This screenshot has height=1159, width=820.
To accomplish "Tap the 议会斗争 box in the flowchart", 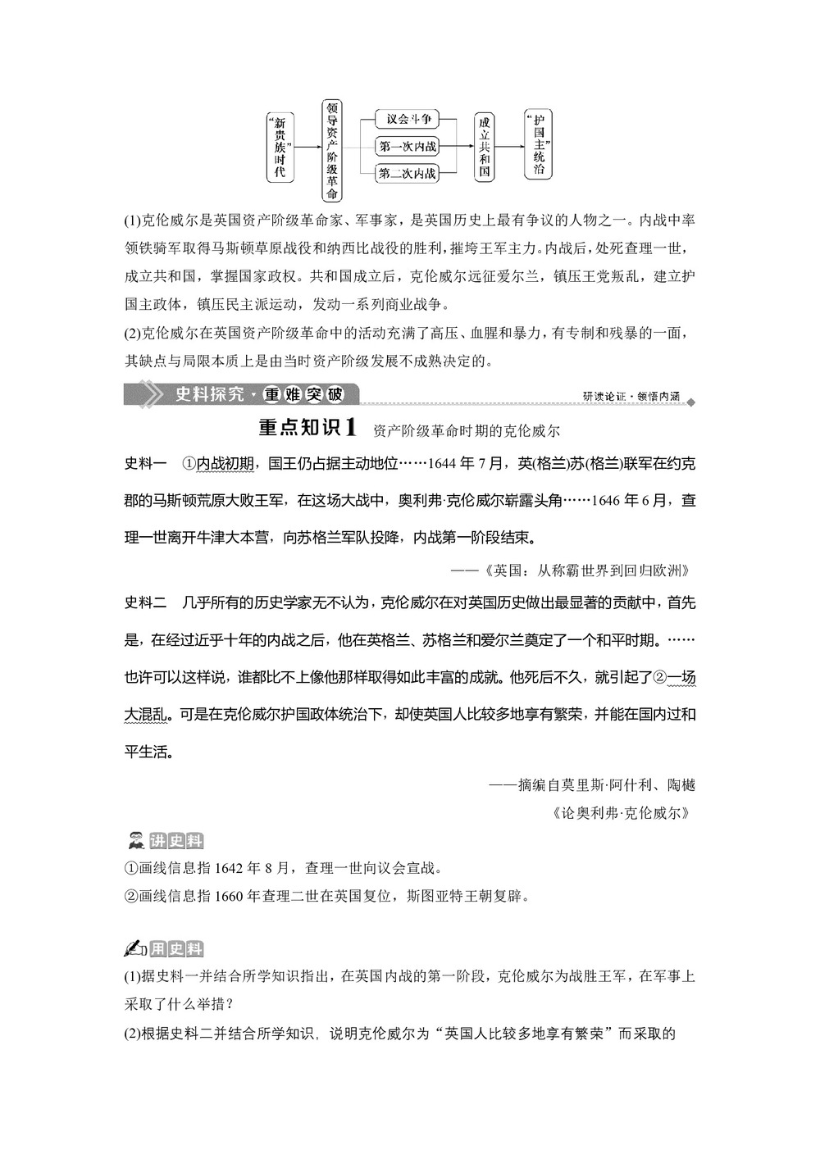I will click(408, 119).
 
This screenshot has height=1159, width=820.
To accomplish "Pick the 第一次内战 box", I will click(408, 148).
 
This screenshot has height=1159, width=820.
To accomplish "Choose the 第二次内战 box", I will click(408, 174).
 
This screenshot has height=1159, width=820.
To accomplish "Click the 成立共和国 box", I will click(485, 148).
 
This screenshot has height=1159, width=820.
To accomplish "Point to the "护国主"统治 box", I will click(538, 145).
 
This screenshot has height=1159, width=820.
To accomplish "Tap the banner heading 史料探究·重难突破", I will click(258, 395).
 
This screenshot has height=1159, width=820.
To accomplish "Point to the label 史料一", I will click(145, 465).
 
